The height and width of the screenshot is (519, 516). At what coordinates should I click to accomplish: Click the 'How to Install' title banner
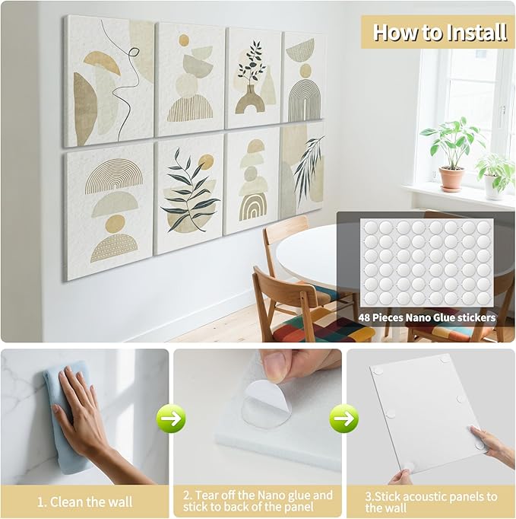pyautogui.click(x=439, y=32)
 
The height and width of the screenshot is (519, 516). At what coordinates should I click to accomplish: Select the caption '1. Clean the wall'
pyautogui.click(x=84, y=502)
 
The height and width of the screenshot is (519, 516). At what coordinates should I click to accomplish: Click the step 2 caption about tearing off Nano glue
pyautogui.click(x=257, y=501)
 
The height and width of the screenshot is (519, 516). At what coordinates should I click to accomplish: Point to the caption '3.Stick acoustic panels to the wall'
pyautogui.click(x=430, y=501)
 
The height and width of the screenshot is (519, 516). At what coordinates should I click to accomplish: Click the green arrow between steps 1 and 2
pyautogui.click(x=171, y=418)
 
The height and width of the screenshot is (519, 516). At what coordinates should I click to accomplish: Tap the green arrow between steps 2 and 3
pyautogui.click(x=344, y=418)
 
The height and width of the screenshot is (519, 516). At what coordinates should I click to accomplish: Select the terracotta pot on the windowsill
pyautogui.click(x=451, y=179)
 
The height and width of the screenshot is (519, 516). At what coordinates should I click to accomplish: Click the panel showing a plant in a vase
pyautogui.click(x=253, y=77)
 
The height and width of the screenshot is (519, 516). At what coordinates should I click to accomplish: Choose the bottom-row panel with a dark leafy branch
pyautogui.click(x=189, y=193)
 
